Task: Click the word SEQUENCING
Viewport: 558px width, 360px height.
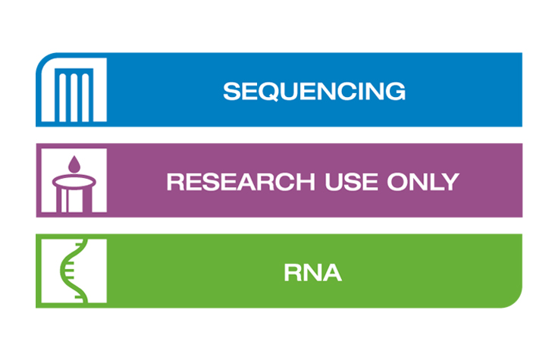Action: [314, 91]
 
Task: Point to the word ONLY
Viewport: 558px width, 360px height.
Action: [428, 182]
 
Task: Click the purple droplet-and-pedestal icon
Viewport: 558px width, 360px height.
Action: [73, 182]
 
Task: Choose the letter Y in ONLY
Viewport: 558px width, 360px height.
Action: [450, 182]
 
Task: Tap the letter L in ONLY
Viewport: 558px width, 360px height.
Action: [437, 182]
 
